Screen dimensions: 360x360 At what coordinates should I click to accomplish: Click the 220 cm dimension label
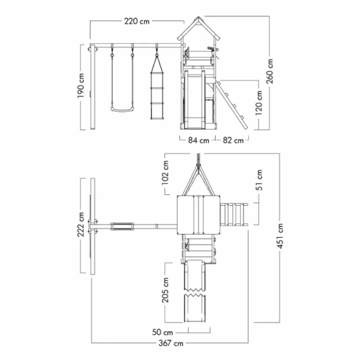[x=137, y=22]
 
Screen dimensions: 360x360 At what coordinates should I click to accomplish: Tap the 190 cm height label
[x=81, y=85]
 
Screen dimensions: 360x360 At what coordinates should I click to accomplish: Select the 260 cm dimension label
[x=270, y=71]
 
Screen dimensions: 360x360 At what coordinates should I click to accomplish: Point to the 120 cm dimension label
[x=259, y=103]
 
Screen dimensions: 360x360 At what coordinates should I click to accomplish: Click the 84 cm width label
[x=199, y=140]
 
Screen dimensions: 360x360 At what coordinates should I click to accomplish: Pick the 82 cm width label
[x=233, y=140]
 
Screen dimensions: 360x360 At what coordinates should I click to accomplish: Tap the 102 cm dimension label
[x=166, y=172]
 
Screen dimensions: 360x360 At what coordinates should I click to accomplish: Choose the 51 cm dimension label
[x=259, y=180]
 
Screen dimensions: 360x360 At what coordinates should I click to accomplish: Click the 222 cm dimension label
[x=81, y=224]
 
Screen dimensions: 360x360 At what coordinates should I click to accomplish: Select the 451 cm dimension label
[x=280, y=236]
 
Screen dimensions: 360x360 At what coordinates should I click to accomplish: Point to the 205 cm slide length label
[x=166, y=290]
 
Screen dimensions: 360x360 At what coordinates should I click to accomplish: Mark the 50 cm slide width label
[x=163, y=332]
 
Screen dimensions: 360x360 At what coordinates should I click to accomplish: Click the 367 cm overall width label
[x=171, y=343]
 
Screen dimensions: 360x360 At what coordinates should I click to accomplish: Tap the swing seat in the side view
[x=122, y=110]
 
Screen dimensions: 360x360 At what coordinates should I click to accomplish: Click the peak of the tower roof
[x=199, y=17]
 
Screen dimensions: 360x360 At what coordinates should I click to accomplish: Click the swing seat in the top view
[x=122, y=226]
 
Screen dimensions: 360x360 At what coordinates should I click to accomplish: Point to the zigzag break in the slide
[x=194, y=292]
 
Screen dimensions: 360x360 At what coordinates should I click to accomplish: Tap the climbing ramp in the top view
[x=234, y=214]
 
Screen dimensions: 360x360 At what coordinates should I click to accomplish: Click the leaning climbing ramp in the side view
[x=232, y=105]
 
